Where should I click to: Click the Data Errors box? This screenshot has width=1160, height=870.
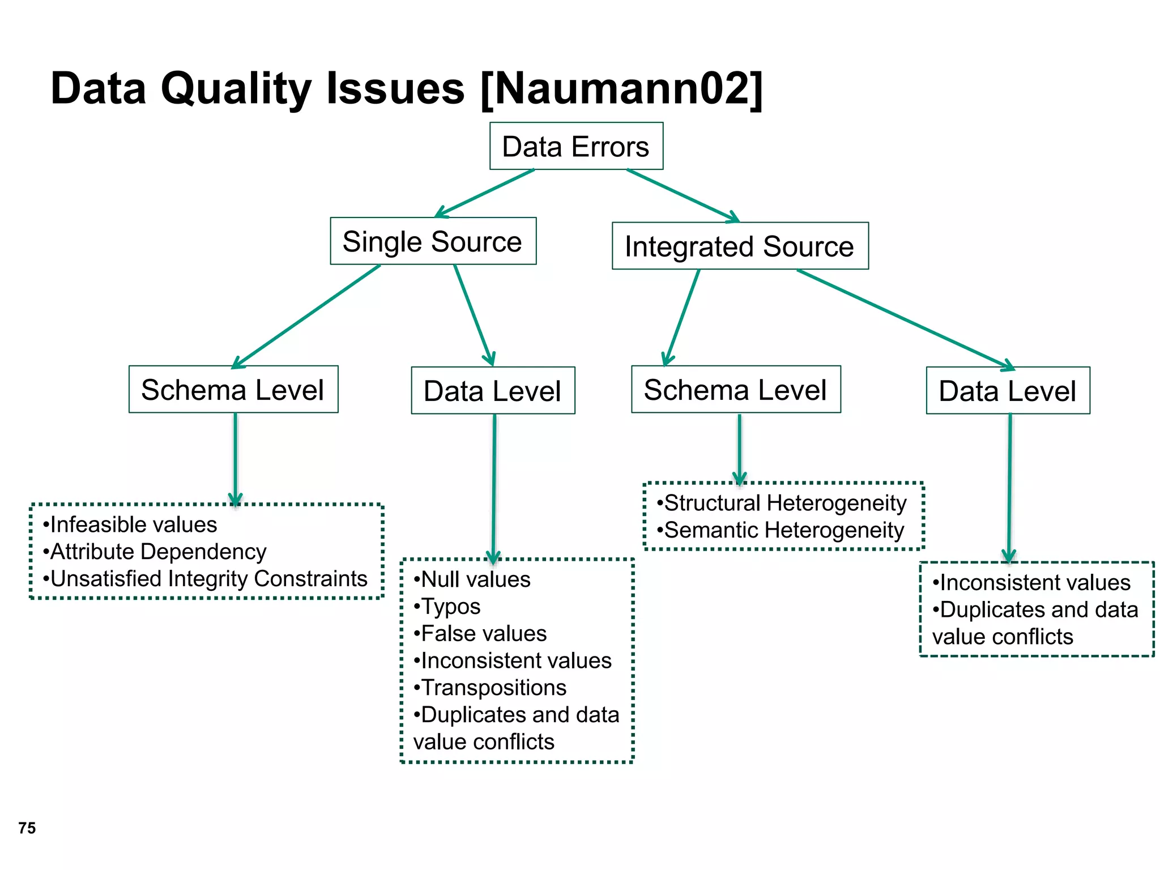coord(576,146)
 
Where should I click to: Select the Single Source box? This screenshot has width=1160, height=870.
coord(433,241)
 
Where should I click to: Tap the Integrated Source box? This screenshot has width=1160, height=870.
coord(740,246)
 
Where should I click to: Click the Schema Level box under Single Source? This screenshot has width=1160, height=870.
coord(233,390)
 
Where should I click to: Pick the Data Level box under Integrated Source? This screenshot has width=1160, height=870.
coord(1008,391)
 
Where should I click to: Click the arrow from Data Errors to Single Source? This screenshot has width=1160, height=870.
coord(485,193)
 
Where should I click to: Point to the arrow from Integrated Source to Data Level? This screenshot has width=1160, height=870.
coord(905,319)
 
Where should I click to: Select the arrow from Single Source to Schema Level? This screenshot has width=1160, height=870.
coord(306,316)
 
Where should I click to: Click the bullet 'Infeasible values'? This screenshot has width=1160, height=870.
coord(130,524)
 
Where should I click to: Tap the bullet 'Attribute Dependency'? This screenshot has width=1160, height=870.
coord(155,552)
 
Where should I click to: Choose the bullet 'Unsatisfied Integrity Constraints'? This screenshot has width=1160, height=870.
coord(206,579)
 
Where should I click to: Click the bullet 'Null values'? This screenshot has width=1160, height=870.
coord(472,579)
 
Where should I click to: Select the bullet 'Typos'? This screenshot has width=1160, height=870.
coord(447,607)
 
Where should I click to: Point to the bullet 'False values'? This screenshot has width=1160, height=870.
coord(480,633)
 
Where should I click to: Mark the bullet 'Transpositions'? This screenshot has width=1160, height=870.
coord(490,688)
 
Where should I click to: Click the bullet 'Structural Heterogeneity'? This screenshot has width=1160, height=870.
coord(782,503)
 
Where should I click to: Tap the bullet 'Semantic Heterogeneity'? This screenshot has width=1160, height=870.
coord(781,530)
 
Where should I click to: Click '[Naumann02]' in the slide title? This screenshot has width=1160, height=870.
coord(621,89)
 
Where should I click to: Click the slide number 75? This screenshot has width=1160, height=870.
coord(27,828)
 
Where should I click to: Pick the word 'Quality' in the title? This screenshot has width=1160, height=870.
coord(236,89)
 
